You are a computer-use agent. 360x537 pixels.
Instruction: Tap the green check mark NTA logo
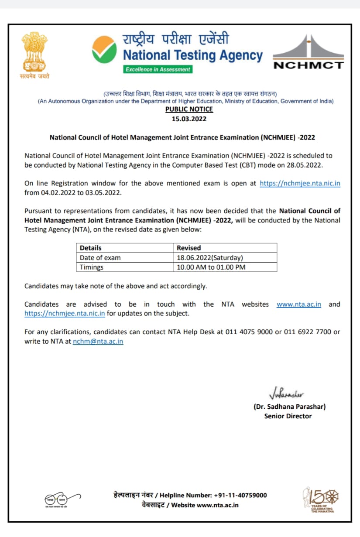[x=104, y=50]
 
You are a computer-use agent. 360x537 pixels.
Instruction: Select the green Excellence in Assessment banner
[x=158, y=69]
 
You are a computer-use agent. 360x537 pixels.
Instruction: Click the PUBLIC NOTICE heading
[x=189, y=109]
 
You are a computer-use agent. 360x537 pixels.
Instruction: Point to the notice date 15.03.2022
[x=189, y=118]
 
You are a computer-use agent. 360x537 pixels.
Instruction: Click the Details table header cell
[x=90, y=248]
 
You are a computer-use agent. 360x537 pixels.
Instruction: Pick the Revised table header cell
[x=189, y=248]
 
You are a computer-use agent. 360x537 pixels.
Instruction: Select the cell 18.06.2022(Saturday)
[x=210, y=257]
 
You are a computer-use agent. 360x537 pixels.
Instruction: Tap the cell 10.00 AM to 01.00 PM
[x=211, y=267]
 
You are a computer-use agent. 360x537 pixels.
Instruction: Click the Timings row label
[x=92, y=267]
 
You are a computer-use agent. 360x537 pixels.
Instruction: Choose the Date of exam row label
[x=100, y=257]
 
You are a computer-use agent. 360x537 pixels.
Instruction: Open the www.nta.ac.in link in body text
[x=298, y=304]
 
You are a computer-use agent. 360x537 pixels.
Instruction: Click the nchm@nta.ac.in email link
[x=98, y=342]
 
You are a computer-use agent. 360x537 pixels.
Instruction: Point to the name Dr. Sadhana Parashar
[x=289, y=406]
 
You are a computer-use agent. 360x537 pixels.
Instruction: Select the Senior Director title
[x=288, y=416]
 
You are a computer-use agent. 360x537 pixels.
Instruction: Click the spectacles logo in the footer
[x=62, y=499]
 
